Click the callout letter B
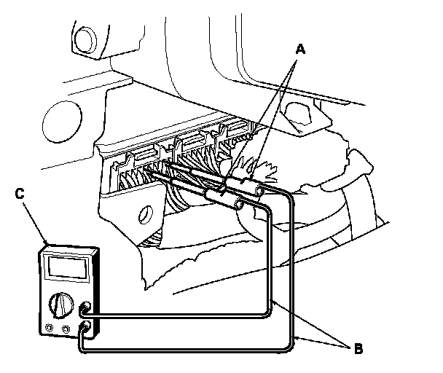click(x=357, y=348)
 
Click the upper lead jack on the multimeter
click(x=87, y=310)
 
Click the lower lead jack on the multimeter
click(x=87, y=328)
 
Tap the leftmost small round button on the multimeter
click(x=50, y=327)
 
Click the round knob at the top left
click(x=82, y=36)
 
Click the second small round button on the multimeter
click(x=66, y=329)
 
